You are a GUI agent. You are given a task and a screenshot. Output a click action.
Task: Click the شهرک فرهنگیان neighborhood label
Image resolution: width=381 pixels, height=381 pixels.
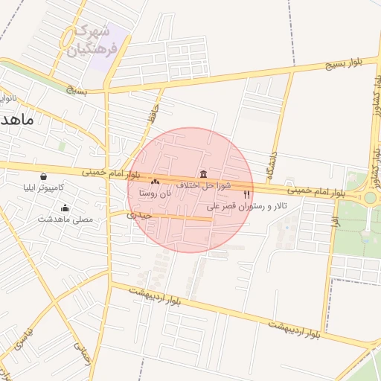(91, 42)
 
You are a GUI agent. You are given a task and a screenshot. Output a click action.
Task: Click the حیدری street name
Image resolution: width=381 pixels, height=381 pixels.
(139, 215)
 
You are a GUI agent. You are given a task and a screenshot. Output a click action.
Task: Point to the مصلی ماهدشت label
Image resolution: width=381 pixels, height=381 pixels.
(65, 220)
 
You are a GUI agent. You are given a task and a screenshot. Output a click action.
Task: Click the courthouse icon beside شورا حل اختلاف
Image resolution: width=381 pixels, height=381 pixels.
(203, 173)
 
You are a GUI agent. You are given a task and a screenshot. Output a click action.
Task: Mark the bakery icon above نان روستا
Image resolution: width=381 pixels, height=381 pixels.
(156, 181)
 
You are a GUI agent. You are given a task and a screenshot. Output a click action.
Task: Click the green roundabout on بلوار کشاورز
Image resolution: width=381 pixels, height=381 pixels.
(369, 197)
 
